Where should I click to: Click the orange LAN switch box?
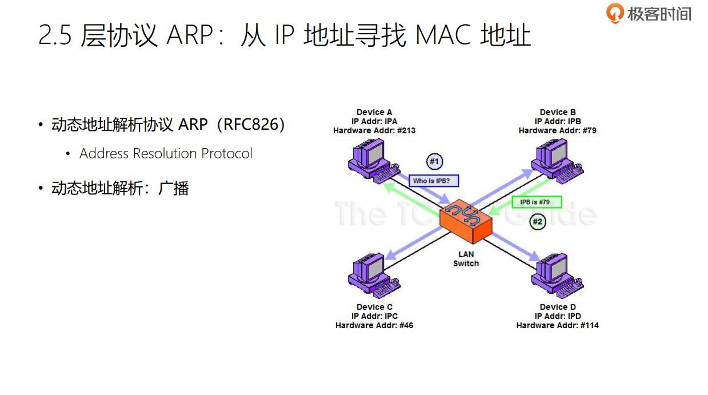466,224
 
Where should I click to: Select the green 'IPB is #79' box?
537,202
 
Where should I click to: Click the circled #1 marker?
434,162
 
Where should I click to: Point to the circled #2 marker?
537,221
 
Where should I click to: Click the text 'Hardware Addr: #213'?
374,130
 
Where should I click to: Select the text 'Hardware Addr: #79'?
557,130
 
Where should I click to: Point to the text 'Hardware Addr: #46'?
374,325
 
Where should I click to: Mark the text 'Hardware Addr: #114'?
557,325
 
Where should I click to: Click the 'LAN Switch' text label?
466,259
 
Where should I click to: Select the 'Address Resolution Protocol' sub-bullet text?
166,154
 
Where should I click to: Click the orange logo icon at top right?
615,13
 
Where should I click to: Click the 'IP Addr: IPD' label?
557,316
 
